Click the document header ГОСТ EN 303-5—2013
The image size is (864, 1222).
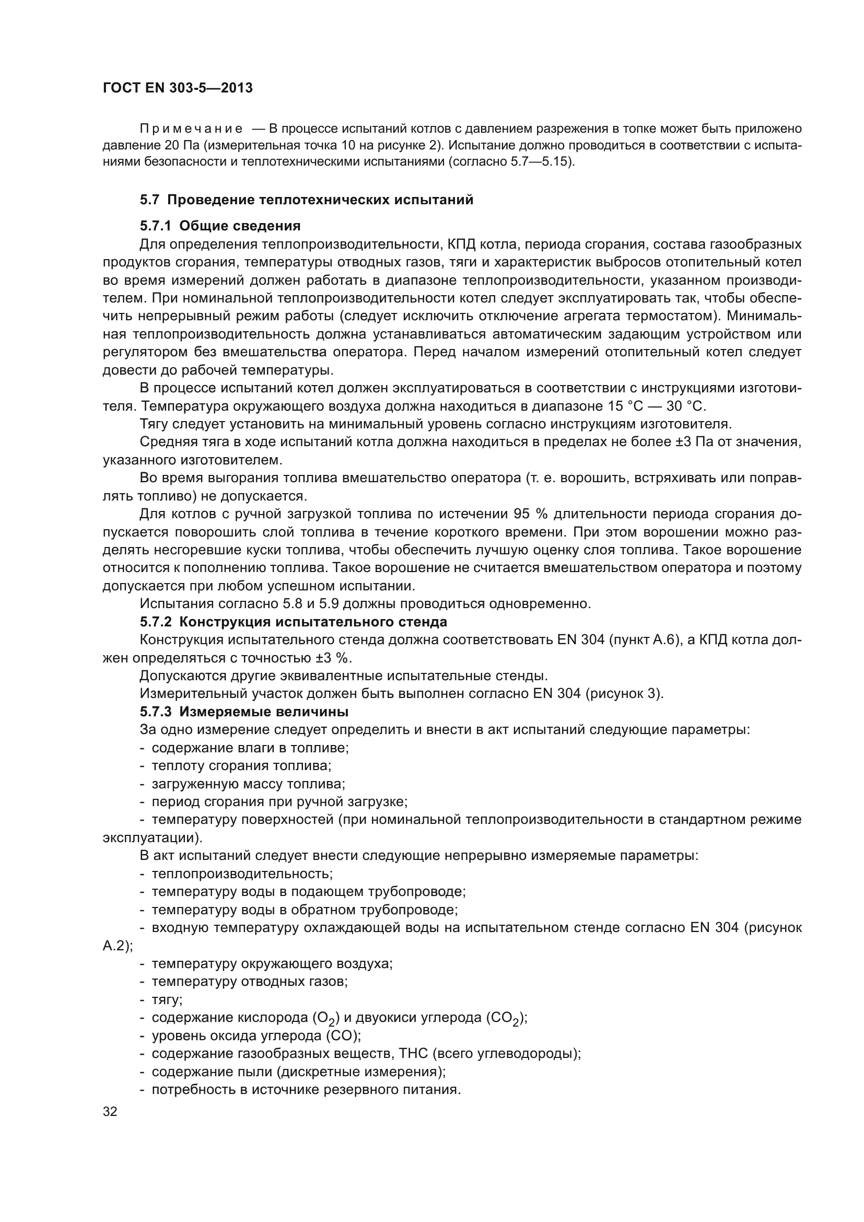click(x=178, y=88)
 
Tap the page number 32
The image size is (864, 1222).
click(x=110, y=1111)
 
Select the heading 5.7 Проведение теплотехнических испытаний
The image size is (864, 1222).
click(x=307, y=200)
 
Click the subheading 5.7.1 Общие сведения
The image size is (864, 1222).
click(x=220, y=226)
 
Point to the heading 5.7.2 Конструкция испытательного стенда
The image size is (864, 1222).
click(x=293, y=622)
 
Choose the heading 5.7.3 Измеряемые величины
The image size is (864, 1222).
click(x=244, y=712)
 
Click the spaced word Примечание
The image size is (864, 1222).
click(x=192, y=130)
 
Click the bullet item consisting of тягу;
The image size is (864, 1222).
click(x=167, y=999)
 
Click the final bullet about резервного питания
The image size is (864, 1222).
click(x=306, y=1089)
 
